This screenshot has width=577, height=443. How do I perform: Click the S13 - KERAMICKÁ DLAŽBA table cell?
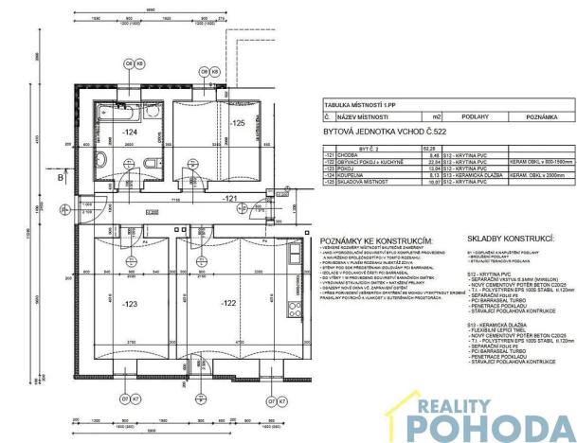pos(476,173)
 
